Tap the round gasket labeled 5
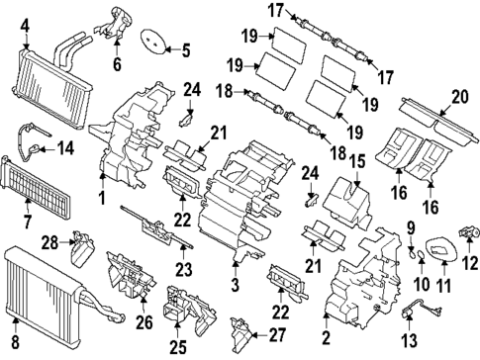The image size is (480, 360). click(x=151, y=43)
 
